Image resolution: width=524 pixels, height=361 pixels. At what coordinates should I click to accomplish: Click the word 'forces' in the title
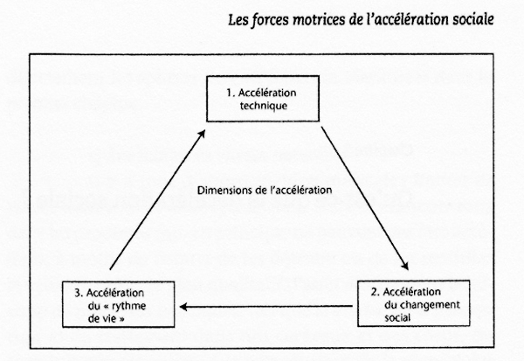tap(270, 20)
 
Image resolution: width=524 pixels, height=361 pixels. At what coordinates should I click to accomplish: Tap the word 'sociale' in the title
tap(473, 19)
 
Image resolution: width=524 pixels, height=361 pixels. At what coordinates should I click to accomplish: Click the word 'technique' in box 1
tap(264, 106)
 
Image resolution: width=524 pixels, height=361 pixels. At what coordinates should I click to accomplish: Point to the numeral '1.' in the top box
tap(231, 93)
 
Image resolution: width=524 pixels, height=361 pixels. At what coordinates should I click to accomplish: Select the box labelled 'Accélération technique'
tap(263, 99)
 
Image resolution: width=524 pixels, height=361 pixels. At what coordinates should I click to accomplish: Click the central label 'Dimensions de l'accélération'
tap(265, 191)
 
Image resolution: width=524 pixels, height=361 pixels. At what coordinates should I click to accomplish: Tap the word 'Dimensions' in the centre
tap(223, 191)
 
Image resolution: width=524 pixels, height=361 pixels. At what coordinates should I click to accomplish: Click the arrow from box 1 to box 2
tap(364, 198)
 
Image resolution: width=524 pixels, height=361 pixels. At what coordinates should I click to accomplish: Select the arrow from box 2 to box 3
tap(266, 306)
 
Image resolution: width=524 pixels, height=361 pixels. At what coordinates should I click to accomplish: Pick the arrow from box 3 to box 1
tap(157, 200)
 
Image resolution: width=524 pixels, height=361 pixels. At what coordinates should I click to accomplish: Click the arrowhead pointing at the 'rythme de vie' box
tap(183, 306)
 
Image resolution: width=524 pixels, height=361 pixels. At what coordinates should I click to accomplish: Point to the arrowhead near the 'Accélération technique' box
tap(202, 134)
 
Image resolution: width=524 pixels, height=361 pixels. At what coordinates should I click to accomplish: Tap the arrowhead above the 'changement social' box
tap(405, 266)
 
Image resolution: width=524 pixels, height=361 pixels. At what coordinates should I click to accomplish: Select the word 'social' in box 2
tap(397, 317)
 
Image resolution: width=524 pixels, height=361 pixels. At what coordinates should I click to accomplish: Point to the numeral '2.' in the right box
tap(376, 292)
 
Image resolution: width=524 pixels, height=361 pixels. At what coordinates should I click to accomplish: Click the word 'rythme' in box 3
tap(128, 307)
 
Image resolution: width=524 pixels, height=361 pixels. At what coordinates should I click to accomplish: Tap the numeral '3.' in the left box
tap(79, 293)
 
